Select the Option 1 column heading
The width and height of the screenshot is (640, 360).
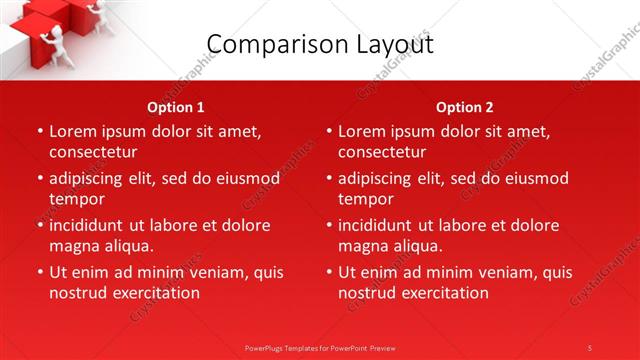coord(176,107)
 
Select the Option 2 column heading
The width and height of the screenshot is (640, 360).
coord(465,107)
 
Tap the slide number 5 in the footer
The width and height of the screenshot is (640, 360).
coord(590,347)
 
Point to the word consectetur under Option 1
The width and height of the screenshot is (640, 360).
coord(93,152)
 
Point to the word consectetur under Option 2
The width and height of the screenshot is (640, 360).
coord(382,152)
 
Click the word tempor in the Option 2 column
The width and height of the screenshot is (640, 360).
coord(365,199)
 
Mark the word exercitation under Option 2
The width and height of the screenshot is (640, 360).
coord(441,293)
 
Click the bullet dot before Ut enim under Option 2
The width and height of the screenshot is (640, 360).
coord(329,273)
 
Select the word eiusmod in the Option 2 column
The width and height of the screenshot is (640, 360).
coord(536,178)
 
